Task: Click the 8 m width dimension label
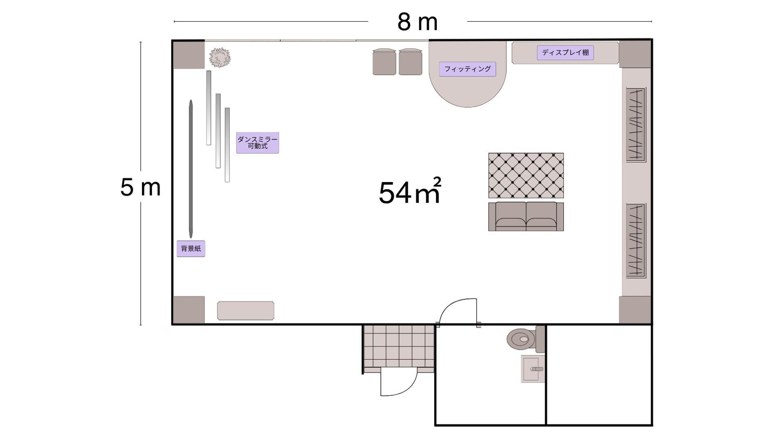(417, 22)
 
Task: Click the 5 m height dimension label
(141, 187)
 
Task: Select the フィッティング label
(467, 69)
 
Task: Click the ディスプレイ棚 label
(565, 53)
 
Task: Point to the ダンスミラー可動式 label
(257, 143)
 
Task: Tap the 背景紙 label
(191, 248)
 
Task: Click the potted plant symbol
(220, 57)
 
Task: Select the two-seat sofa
(526, 216)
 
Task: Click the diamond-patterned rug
(526, 176)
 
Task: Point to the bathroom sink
(533, 369)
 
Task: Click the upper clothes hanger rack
(636, 125)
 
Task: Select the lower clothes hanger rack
(636, 241)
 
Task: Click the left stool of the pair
(384, 62)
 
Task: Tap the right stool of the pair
(410, 62)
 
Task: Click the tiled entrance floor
(399, 346)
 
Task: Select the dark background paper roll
(191, 169)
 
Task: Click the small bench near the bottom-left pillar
(246, 311)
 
